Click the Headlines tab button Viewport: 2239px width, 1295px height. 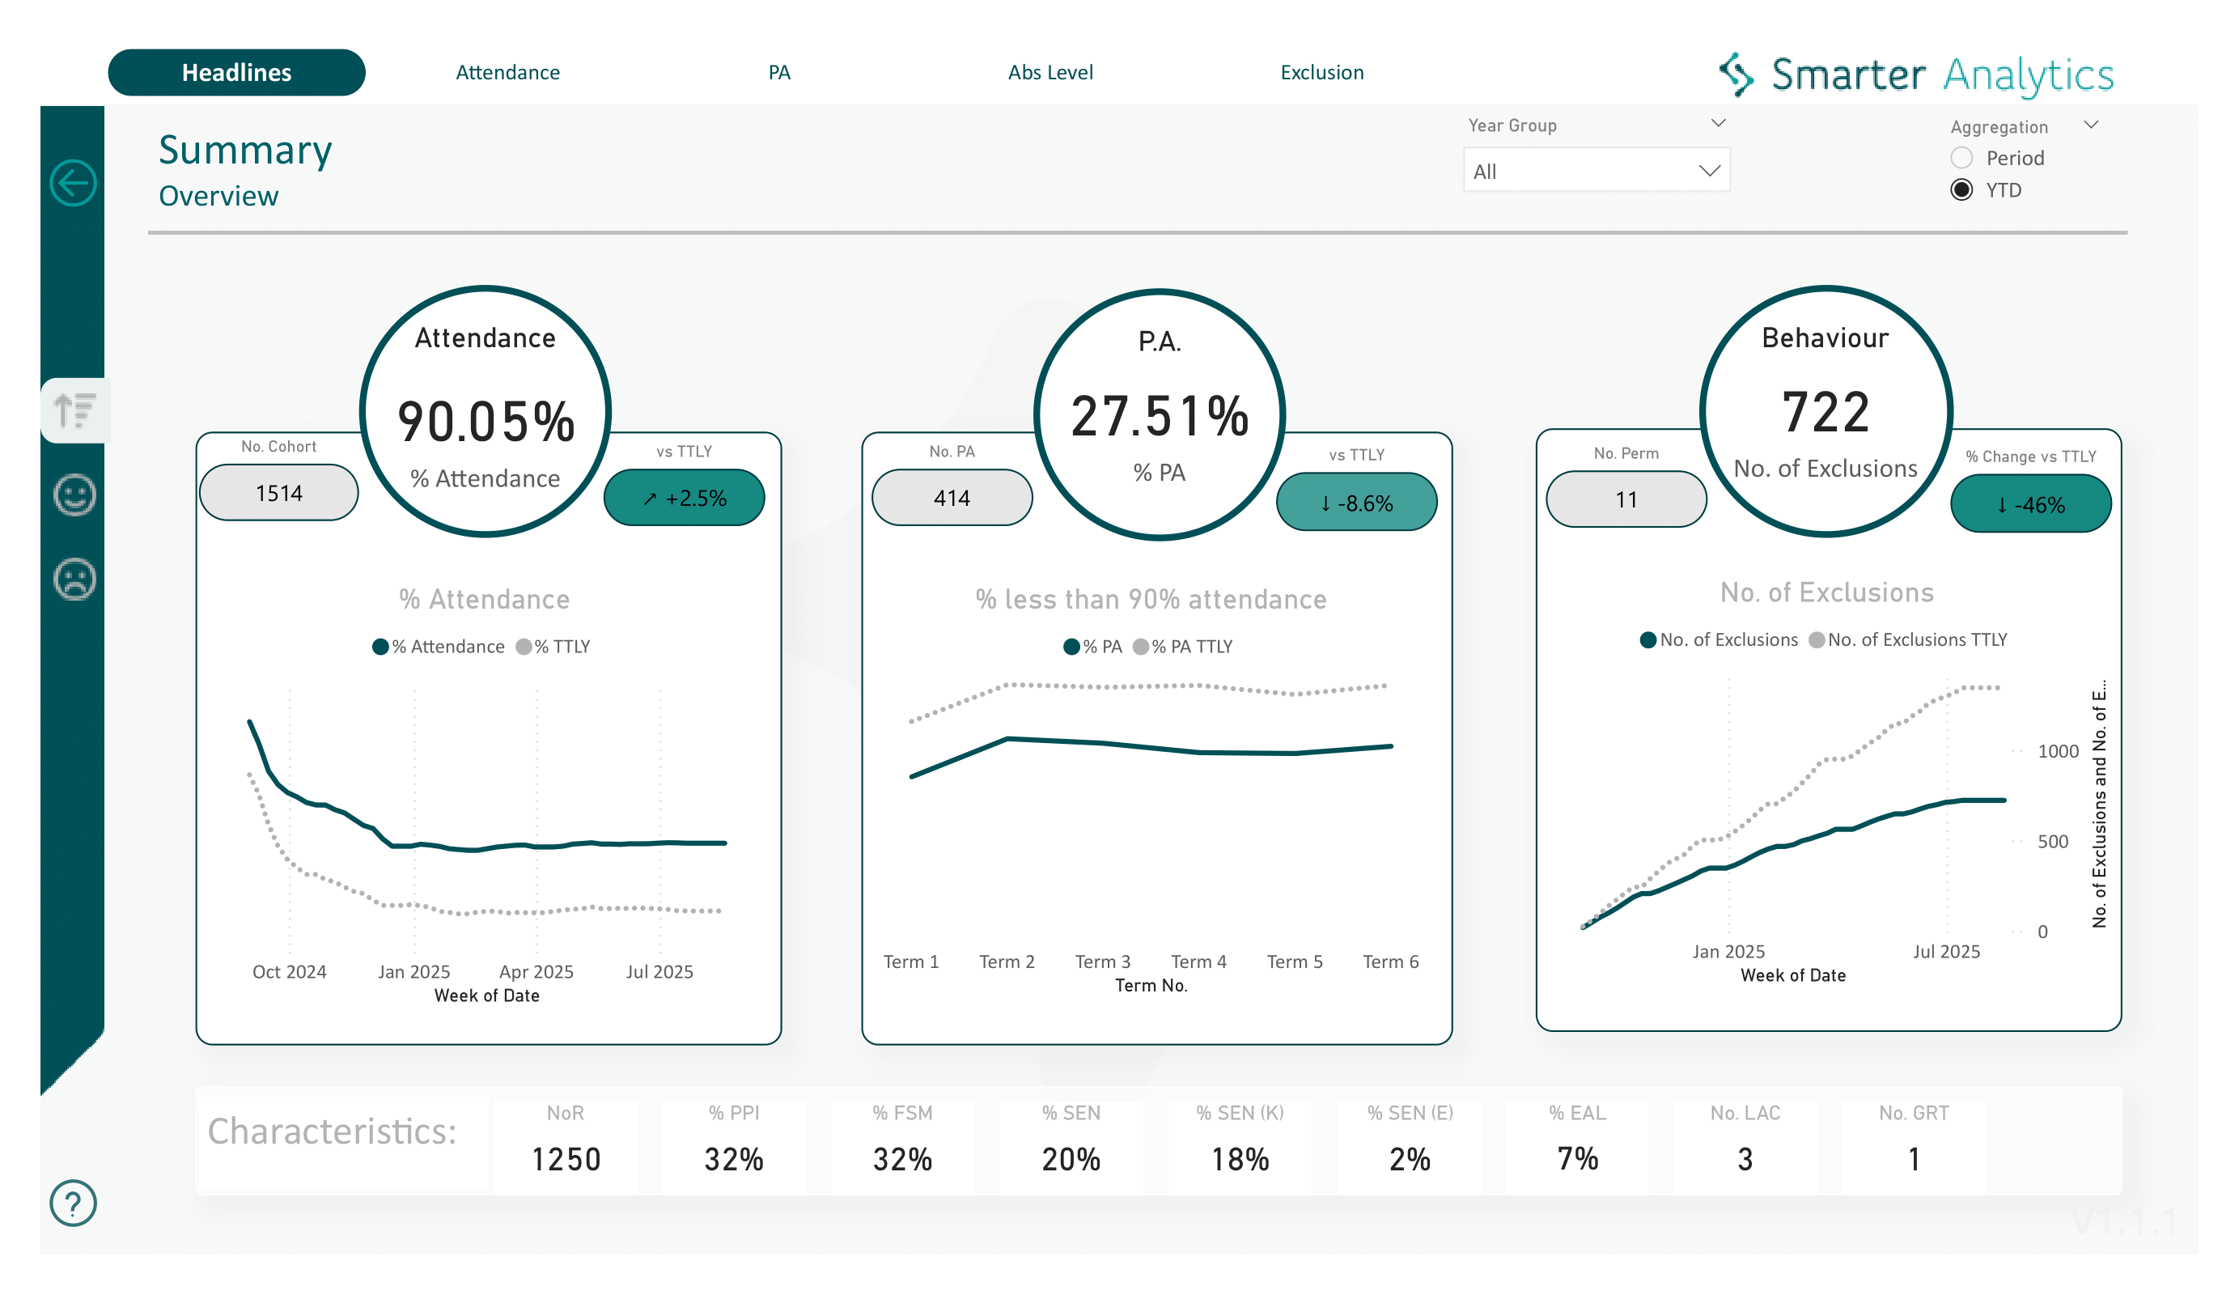click(x=236, y=73)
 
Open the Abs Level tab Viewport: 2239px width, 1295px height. click(x=1050, y=73)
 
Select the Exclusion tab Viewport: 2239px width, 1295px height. click(x=1321, y=73)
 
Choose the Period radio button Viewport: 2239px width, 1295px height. click(x=1961, y=158)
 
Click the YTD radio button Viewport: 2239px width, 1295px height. click(x=1961, y=190)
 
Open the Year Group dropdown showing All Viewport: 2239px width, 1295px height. click(x=1596, y=171)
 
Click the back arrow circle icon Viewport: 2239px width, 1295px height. click(x=73, y=184)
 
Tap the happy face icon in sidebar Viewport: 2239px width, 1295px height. click(x=74, y=495)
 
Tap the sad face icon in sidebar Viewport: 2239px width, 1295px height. click(x=74, y=580)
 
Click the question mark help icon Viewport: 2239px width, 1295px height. click(x=73, y=1203)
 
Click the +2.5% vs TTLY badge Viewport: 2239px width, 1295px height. click(x=684, y=499)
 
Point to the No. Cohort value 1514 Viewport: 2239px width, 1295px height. click(x=279, y=493)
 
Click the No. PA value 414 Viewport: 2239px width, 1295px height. click(x=952, y=499)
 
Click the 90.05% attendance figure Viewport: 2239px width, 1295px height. click(x=486, y=422)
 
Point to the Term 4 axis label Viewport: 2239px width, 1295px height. click(x=1198, y=962)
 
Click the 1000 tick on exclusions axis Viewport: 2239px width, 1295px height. click(x=2057, y=752)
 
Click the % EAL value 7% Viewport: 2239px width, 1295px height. click(x=1577, y=1158)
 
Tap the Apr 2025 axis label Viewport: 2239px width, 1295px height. click(x=536, y=971)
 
